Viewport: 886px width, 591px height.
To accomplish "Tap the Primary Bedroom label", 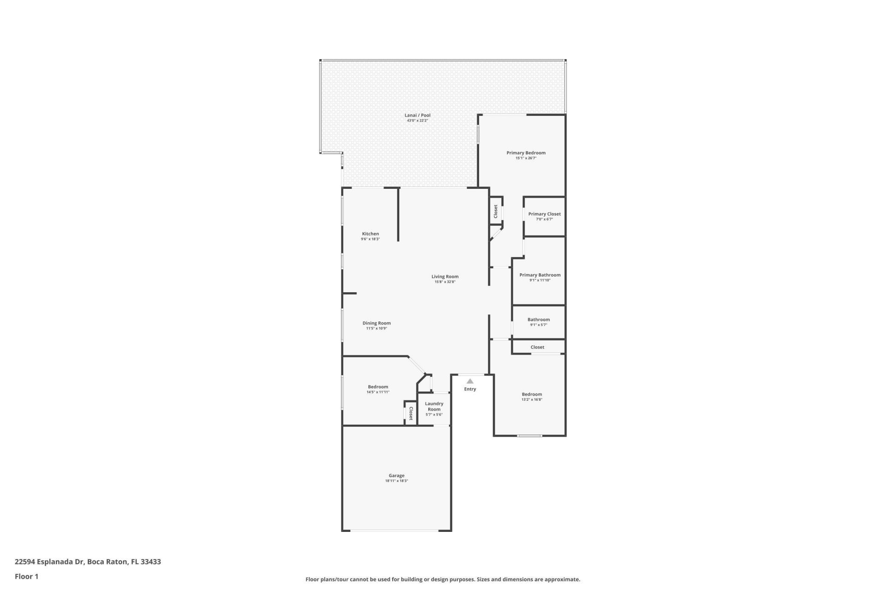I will coord(526,153).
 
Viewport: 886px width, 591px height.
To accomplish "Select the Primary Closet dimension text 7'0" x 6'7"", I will coord(544,219).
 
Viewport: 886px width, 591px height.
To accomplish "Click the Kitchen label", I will coord(370,234).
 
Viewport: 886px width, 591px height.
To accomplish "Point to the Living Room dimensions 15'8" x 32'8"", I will coord(444,282).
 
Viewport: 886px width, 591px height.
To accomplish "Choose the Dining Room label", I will coord(377,323).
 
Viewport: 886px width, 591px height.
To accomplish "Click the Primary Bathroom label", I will coord(539,275).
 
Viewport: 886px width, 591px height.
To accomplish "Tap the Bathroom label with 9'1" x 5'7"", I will coord(538,320).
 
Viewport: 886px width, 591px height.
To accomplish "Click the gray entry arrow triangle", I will coord(470,381).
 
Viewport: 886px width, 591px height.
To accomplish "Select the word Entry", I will coord(470,389).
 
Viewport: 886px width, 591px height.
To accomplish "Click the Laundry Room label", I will coord(434,406).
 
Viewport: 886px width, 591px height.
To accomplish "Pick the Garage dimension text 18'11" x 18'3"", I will coord(396,481).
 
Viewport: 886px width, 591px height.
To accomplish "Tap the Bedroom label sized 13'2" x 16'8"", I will coord(532,394).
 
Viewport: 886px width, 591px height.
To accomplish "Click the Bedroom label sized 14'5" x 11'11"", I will coord(377,387).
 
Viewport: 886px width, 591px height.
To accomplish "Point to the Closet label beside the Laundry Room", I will coord(411,413).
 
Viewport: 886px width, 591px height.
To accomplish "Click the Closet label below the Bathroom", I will coord(537,347).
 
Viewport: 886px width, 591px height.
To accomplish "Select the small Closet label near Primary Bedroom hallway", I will coord(496,211).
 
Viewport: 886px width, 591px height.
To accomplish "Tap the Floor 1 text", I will coord(26,576).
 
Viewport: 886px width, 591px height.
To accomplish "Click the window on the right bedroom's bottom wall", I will coord(529,436).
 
